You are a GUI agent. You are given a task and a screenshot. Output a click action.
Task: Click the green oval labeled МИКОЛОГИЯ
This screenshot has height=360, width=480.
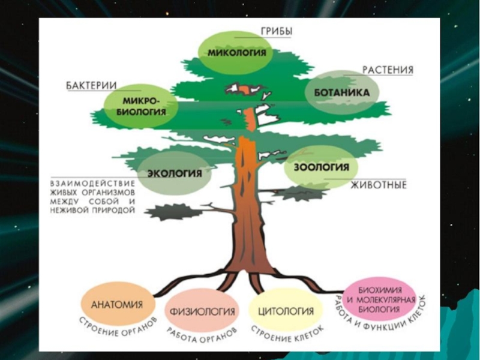tap(236, 52)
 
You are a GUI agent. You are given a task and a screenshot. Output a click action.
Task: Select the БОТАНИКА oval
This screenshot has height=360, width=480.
tap(342, 93)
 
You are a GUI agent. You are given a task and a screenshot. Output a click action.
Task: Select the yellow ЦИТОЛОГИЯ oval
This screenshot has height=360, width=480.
tap(286, 311)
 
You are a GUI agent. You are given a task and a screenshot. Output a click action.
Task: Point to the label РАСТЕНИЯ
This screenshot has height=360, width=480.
tap(388, 70)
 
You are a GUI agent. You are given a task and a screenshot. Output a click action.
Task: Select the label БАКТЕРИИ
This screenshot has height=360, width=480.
tap(90, 86)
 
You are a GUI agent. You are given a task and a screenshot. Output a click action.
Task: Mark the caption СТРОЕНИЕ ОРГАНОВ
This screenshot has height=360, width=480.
tap(118, 328)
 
